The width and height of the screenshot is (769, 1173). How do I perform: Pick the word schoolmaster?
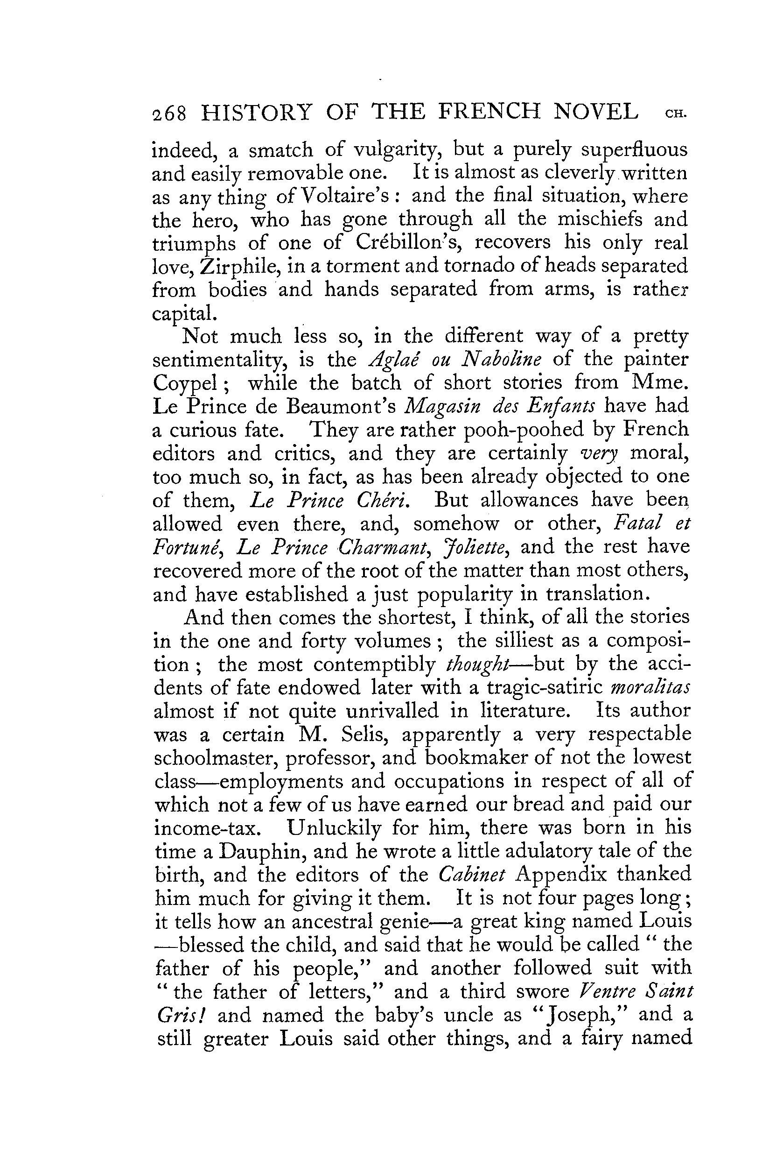(215, 758)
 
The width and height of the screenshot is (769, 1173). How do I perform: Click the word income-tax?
(206, 828)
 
